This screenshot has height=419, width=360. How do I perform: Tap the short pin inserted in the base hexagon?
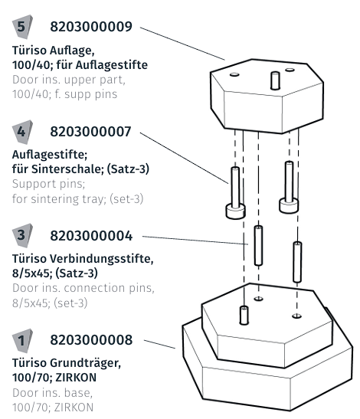pyautogui.click(x=244, y=314)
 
